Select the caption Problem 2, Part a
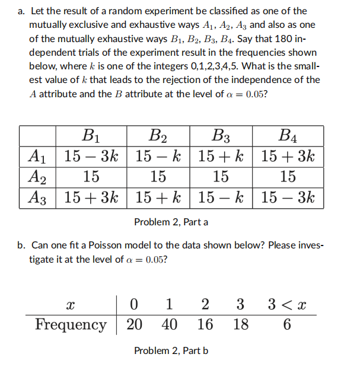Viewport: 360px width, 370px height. click(x=171, y=222)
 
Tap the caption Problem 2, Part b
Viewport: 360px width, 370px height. click(x=171, y=350)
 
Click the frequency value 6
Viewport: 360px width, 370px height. click(x=287, y=324)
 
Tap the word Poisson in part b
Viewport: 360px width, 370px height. click(x=117, y=245)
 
